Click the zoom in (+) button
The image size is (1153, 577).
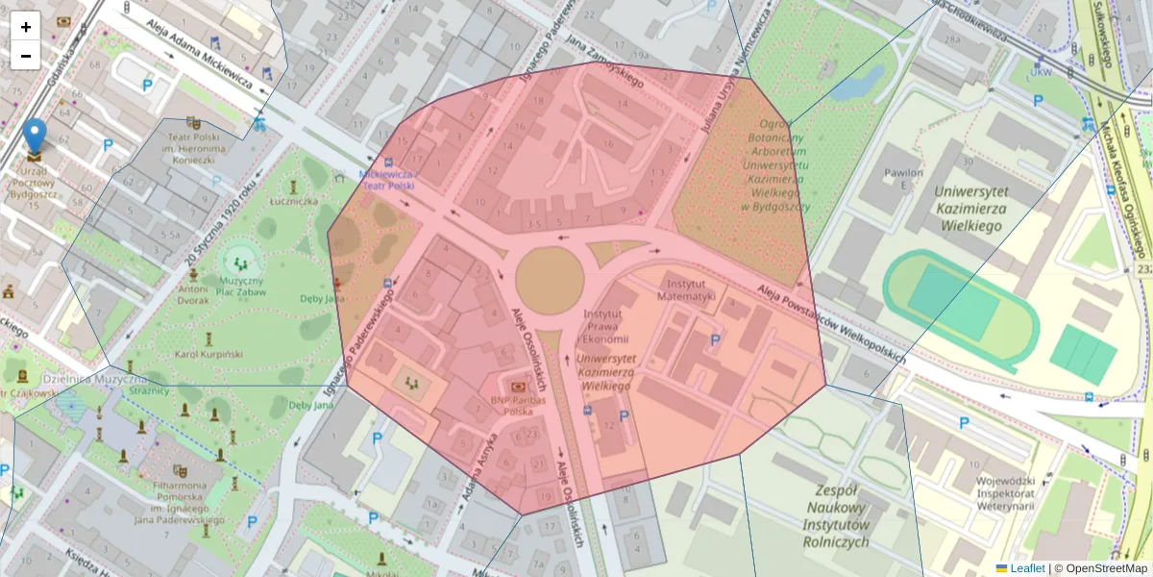click(26, 27)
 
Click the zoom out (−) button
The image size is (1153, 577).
click(26, 56)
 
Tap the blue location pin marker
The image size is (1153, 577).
click(35, 137)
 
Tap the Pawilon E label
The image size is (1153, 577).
click(903, 179)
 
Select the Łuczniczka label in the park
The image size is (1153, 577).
click(293, 201)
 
